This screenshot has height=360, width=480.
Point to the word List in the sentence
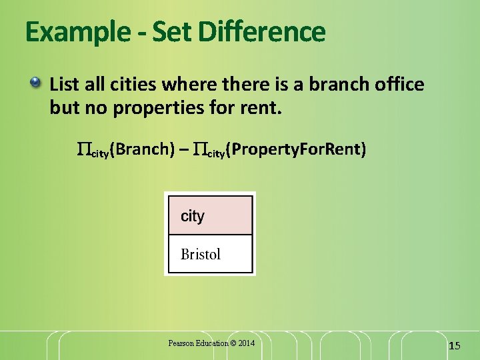pyautogui.click(x=64, y=85)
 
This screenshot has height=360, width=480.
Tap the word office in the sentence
pyautogui.click(x=399, y=85)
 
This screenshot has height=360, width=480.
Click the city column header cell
pyautogui.click(x=210, y=216)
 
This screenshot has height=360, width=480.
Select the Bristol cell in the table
pyautogui.click(x=210, y=254)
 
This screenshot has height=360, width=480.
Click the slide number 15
pyautogui.click(x=455, y=345)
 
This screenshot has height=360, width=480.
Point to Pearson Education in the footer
pyautogui.click(x=197, y=343)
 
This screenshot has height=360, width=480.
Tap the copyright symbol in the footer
pyautogui.click(x=232, y=343)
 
